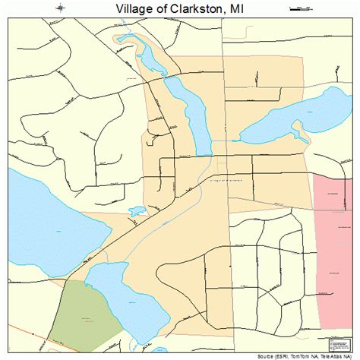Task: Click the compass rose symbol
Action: (x=59, y=8)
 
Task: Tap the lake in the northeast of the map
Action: (x=300, y=114)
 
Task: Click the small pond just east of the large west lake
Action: (x=137, y=213)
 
